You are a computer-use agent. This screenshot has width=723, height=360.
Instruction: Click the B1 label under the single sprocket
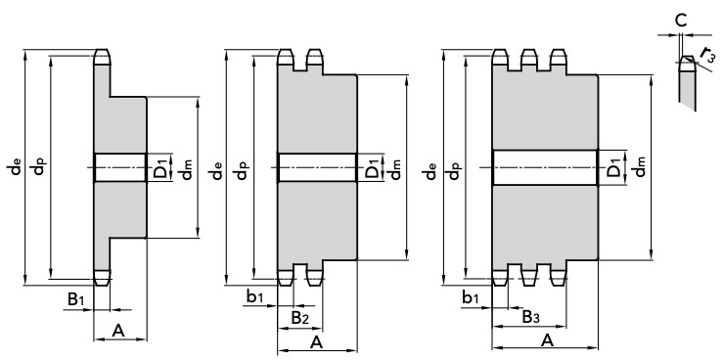[76, 299]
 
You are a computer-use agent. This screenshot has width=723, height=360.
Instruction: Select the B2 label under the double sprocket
[300, 318]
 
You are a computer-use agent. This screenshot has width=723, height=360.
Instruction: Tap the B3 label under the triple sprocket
[530, 317]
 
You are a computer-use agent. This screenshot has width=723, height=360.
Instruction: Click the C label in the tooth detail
[681, 21]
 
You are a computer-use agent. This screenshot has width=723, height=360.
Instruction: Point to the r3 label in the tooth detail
[707, 55]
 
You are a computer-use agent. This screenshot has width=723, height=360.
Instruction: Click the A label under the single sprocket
[118, 331]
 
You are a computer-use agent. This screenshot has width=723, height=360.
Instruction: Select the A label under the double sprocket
[316, 342]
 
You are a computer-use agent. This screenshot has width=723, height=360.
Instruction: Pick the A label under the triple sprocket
[547, 340]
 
